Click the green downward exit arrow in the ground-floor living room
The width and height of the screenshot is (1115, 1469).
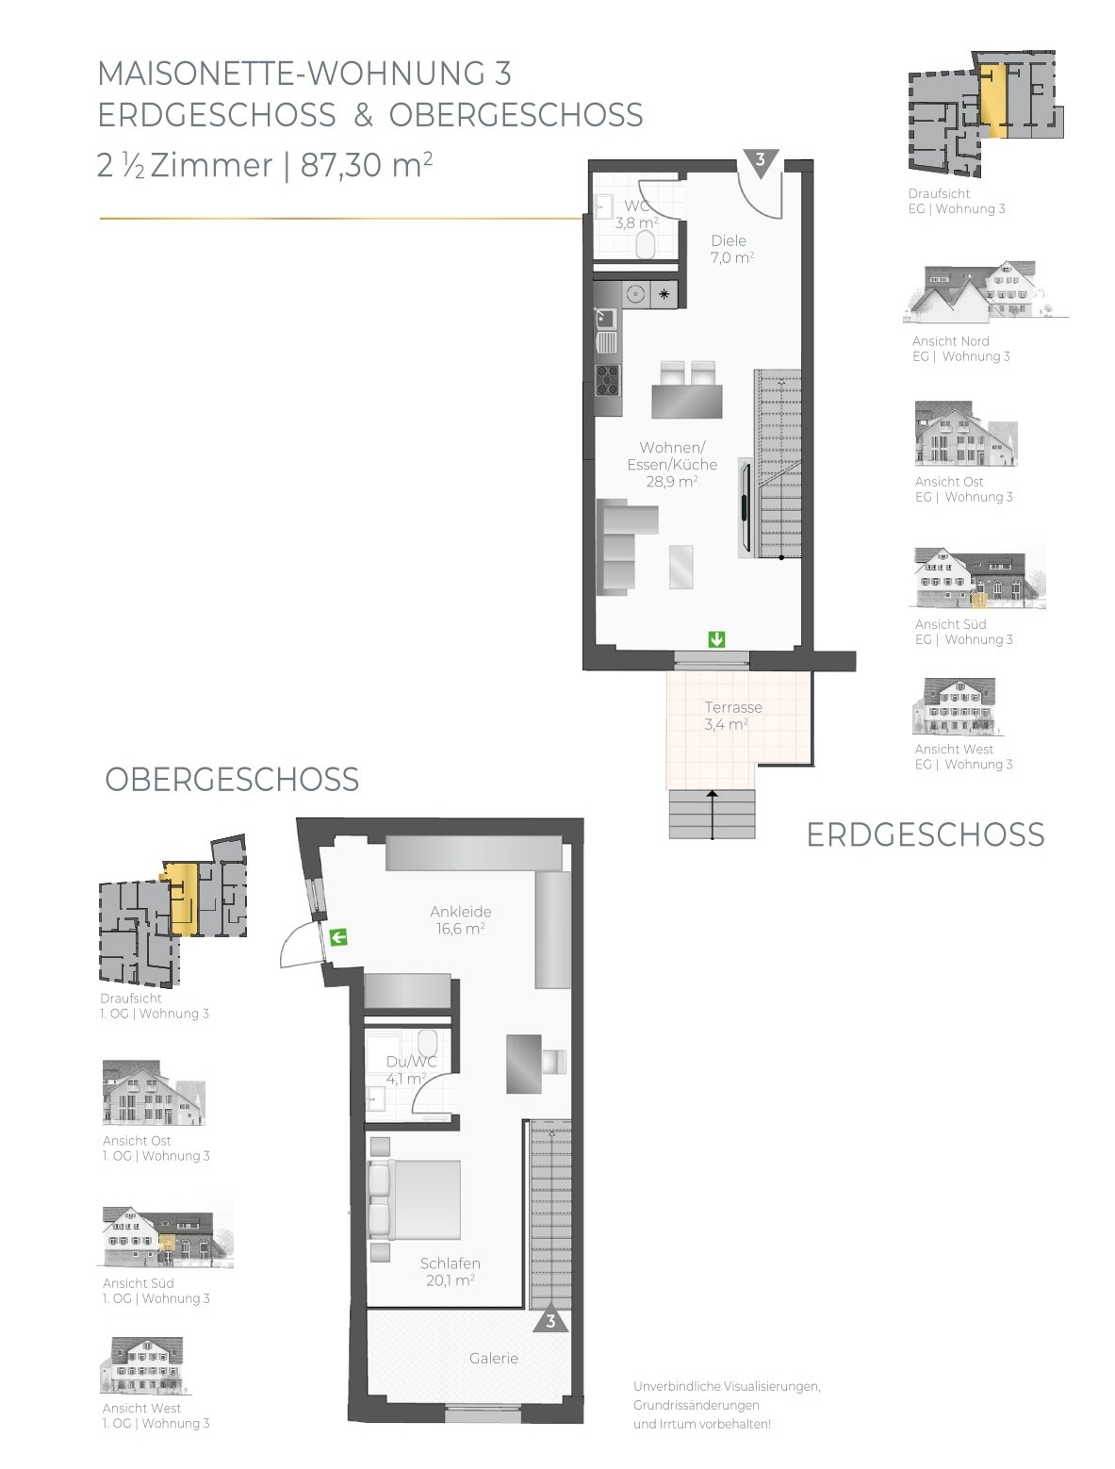(x=716, y=640)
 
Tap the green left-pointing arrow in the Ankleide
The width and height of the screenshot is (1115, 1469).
(x=338, y=937)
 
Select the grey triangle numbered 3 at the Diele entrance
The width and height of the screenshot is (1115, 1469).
(x=761, y=163)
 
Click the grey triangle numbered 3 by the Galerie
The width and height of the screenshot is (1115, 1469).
(x=550, y=1317)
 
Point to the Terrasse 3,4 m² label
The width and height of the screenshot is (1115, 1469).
(x=732, y=716)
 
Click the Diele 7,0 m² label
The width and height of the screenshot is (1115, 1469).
(x=731, y=249)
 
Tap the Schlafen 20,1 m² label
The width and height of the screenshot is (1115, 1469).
(x=451, y=1272)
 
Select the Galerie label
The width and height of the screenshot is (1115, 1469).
(x=494, y=1358)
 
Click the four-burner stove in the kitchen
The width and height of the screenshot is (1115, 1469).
(x=608, y=381)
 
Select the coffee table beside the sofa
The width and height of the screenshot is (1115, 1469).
(x=680, y=567)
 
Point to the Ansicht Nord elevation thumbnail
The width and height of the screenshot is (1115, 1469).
(x=986, y=289)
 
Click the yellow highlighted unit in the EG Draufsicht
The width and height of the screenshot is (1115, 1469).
(x=993, y=100)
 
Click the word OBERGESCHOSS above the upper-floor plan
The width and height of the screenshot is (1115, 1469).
(x=232, y=780)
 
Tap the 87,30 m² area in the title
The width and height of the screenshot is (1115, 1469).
(x=367, y=165)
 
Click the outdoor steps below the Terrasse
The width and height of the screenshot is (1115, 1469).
(x=713, y=815)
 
